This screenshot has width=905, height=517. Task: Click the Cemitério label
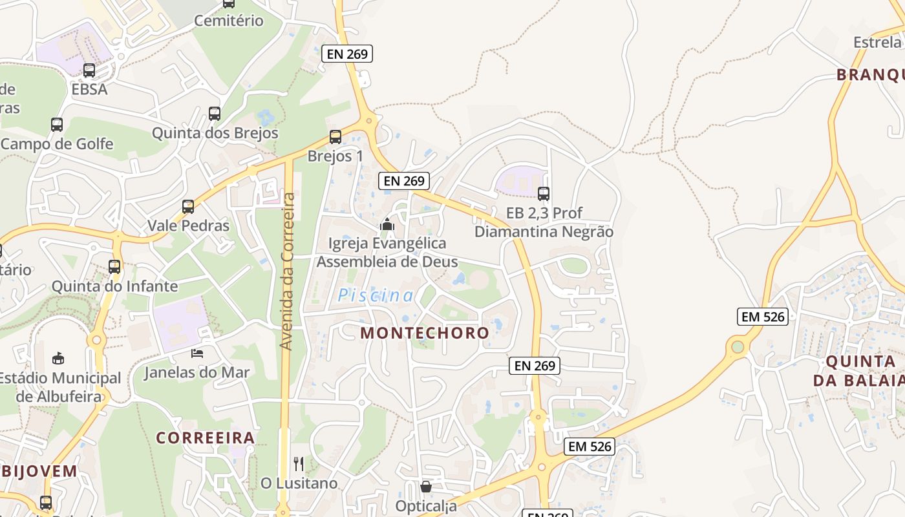tap(229, 21)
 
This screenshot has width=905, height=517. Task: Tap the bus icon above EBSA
tap(89, 70)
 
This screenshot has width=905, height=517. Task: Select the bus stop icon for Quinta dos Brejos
tap(215, 114)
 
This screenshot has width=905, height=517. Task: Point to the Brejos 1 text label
tap(335, 156)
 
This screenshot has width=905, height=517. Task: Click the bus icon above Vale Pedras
tap(188, 207)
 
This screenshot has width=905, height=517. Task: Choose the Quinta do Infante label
tap(114, 286)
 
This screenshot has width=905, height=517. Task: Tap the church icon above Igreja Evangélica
tap(387, 224)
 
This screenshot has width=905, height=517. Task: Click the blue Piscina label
tap(376, 296)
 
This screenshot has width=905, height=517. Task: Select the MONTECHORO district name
tap(425, 333)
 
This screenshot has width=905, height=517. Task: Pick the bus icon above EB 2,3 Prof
tap(544, 193)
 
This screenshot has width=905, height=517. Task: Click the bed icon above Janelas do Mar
tap(197, 353)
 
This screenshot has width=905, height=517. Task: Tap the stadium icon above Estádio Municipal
tap(58, 358)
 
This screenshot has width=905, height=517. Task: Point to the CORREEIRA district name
tap(206, 438)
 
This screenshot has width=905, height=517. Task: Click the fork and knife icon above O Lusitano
tap(299, 463)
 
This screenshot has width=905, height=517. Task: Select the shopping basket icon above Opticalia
tap(426, 487)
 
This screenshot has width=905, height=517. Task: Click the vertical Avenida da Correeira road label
tap(288, 271)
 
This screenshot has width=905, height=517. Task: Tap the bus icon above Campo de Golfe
tap(57, 124)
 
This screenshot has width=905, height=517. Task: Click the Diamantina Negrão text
tap(544, 231)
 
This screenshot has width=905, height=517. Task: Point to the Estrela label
tap(877, 42)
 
